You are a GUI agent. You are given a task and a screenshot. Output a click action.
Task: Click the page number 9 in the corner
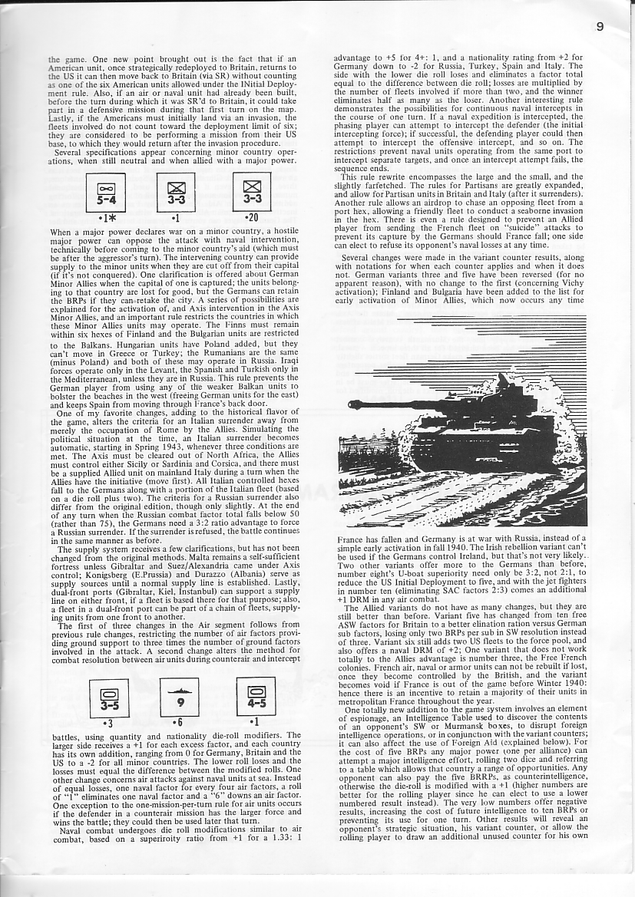pos(599,26)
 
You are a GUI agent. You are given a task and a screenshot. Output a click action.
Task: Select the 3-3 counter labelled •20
pos(252,191)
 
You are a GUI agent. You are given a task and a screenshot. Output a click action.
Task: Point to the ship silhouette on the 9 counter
pos(179,688)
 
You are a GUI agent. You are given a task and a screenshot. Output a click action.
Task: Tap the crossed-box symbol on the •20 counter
pos(252,185)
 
